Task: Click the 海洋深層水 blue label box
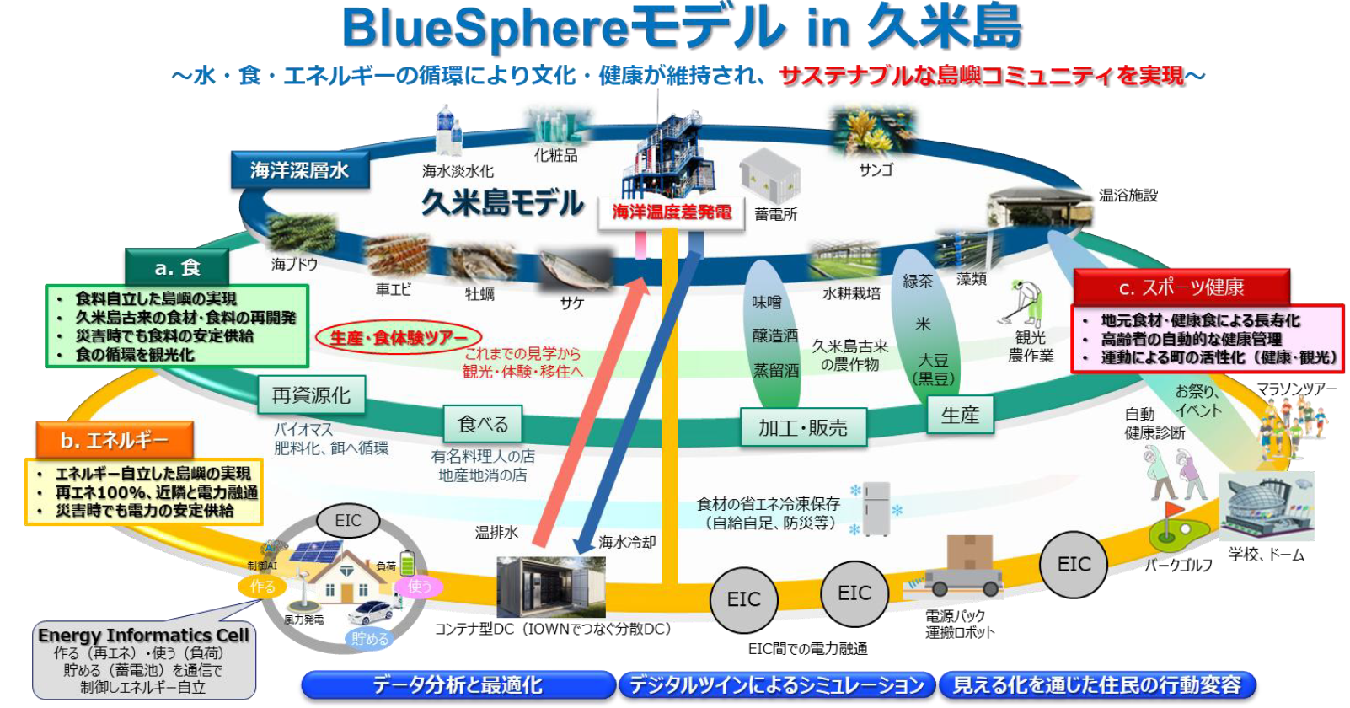pos(299,170)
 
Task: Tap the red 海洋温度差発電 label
pos(672,212)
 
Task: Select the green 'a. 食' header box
pos(177,267)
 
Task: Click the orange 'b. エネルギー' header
pos(115,440)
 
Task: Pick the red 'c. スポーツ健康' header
pos(1181,287)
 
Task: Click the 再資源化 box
pos(311,394)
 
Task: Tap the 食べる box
pos(483,424)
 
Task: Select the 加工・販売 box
pos(802,427)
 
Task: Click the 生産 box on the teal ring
pos(960,415)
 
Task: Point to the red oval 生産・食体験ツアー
pos(398,338)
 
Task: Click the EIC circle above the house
pos(348,520)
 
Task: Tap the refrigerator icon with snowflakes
pos(876,507)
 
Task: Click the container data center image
pos(550,587)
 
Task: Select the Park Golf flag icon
pos(1171,527)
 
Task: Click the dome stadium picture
pos(1266,507)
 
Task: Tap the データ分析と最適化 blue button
pos(458,684)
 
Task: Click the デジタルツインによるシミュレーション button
pos(776,684)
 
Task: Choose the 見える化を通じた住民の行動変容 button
pos(1096,684)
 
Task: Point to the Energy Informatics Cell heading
pos(143,635)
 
